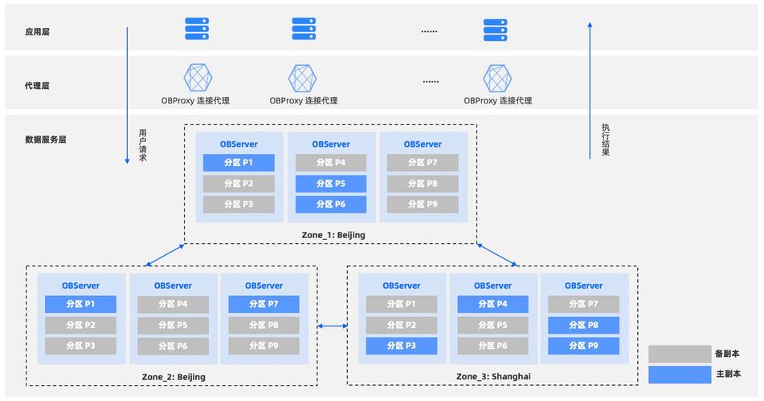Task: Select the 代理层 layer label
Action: click(38, 85)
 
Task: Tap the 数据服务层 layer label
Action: click(45, 139)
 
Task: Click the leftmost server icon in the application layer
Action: click(197, 29)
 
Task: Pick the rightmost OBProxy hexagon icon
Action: click(497, 78)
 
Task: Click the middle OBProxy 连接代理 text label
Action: click(304, 101)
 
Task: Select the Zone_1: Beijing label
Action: click(333, 234)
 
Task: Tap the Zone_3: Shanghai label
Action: click(493, 376)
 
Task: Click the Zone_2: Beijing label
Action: click(173, 376)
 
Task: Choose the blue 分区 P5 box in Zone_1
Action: click(330, 184)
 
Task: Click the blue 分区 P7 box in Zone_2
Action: click(264, 304)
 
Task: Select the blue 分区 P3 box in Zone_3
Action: click(401, 346)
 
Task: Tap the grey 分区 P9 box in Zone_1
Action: click(422, 205)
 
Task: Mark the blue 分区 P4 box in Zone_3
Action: click(492, 304)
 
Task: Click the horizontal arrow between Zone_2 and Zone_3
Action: click(332, 326)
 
